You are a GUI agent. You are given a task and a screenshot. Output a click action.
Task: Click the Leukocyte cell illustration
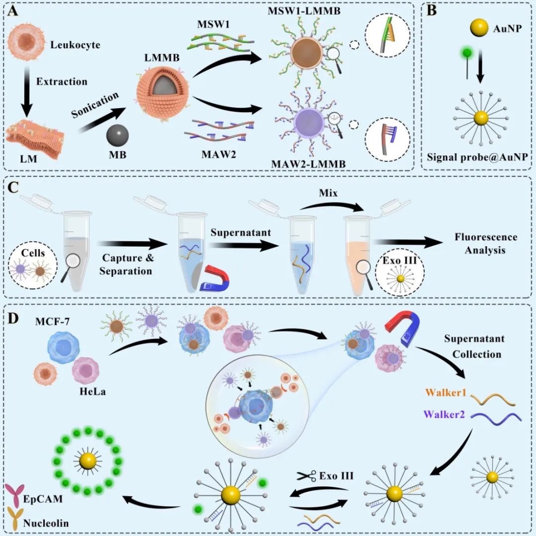coord(24,45)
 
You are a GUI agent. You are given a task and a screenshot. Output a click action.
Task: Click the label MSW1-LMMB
coord(306,11)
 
